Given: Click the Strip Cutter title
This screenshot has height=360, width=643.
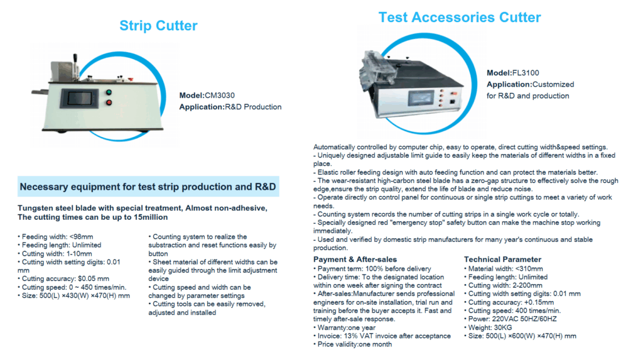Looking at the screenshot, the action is [x=158, y=26].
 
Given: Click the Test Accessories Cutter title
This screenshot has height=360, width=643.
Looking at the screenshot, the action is [x=459, y=17].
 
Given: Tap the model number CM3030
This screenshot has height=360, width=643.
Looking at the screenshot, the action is [x=220, y=95].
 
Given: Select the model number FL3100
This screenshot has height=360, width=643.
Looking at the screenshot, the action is [x=526, y=73].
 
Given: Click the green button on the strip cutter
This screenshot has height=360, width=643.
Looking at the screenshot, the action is [x=109, y=92].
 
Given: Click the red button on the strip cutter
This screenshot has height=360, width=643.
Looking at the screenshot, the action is [x=109, y=102].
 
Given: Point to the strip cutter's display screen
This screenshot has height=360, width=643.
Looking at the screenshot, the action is [x=80, y=99].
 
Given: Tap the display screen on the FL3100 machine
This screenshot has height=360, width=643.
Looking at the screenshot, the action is [x=421, y=98].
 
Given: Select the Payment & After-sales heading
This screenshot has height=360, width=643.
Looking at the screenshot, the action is [x=355, y=259].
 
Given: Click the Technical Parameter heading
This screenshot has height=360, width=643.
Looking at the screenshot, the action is [x=502, y=259].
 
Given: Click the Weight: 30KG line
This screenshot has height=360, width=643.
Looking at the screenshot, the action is [x=488, y=327].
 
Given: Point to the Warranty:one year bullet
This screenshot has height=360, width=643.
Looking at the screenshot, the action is [x=344, y=327].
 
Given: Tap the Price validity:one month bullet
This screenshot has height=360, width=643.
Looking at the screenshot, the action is [x=352, y=344].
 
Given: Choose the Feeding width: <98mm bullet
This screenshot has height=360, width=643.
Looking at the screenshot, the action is [x=55, y=237].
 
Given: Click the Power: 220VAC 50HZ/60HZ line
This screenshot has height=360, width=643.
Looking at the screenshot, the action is [x=510, y=319].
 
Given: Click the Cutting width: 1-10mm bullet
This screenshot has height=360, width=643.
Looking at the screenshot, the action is [x=55, y=254].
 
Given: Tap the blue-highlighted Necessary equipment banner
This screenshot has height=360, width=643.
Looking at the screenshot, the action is [x=148, y=187].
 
